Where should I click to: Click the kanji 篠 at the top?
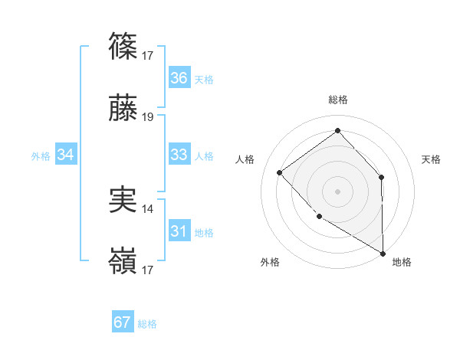pyautogui.click(x=123, y=47)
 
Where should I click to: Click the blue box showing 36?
pyautogui.click(x=179, y=78)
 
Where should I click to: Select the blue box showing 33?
pyautogui.click(x=179, y=155)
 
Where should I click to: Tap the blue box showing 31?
pyautogui.click(x=179, y=231)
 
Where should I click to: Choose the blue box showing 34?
pyautogui.click(x=66, y=155)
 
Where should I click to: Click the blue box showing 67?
pyautogui.click(x=123, y=322)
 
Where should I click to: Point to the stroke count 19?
pyautogui.click(x=148, y=118)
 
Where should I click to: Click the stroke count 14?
pyautogui.click(x=148, y=208)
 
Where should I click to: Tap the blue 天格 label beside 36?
pyautogui.click(x=204, y=80)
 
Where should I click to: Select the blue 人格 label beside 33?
pyautogui.click(x=204, y=156)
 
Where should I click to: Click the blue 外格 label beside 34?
pyautogui.click(x=41, y=156)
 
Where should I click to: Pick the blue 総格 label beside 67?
pyautogui.click(x=147, y=324)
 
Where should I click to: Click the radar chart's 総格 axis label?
pyautogui.click(x=338, y=100)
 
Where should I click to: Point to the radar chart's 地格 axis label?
pyautogui.click(x=402, y=262)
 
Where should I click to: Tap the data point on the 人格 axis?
pyautogui.click(x=280, y=172)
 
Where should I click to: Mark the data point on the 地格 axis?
pyautogui.click(x=383, y=253)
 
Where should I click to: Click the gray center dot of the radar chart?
pyautogui.click(x=337, y=191)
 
